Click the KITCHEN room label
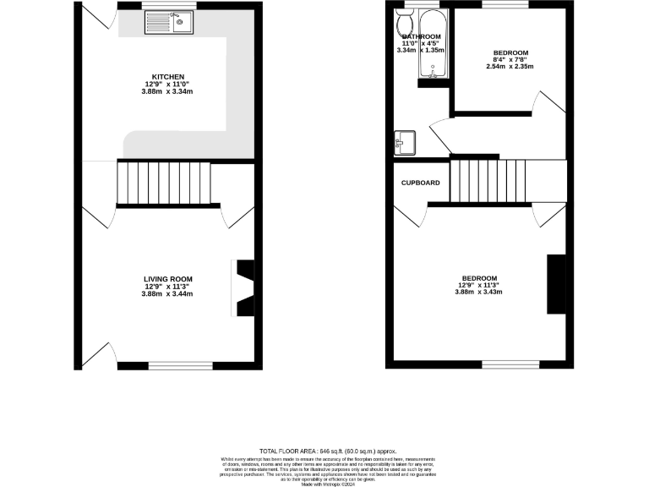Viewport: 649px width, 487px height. tap(167, 76)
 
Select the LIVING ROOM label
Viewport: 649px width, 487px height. tap(167, 279)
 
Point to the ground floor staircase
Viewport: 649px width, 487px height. tap(163, 183)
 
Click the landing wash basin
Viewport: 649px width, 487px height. tap(403, 141)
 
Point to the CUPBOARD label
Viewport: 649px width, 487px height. tap(420, 183)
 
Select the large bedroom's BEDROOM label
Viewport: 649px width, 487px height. tap(478, 278)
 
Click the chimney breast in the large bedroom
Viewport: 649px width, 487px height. tap(556, 284)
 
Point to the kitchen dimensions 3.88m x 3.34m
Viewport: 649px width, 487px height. tap(167, 91)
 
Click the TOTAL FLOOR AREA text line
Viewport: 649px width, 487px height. tap(327, 452)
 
